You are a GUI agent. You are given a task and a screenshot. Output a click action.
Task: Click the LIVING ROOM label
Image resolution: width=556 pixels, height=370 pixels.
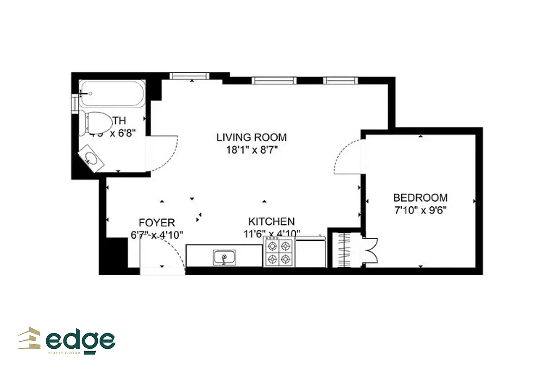point(252,137)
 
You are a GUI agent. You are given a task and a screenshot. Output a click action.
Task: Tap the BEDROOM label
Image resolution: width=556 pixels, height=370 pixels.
point(421,197)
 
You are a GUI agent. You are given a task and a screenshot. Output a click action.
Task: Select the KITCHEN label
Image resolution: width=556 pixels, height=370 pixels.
point(271,221)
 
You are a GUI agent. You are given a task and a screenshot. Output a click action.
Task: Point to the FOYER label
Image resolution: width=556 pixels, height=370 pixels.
point(157,223)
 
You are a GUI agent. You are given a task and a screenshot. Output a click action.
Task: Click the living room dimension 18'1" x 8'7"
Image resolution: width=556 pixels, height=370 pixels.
point(252,149)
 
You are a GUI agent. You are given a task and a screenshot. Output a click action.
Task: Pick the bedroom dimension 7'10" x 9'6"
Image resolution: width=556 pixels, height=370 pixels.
point(421,210)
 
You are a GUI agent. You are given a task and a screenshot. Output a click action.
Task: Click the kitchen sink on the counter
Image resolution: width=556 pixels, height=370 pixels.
point(224,258)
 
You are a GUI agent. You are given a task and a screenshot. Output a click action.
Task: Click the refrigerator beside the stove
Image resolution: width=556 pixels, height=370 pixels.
point(310,252)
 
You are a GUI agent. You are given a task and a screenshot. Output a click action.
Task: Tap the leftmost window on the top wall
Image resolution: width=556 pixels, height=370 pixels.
point(190,76)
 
